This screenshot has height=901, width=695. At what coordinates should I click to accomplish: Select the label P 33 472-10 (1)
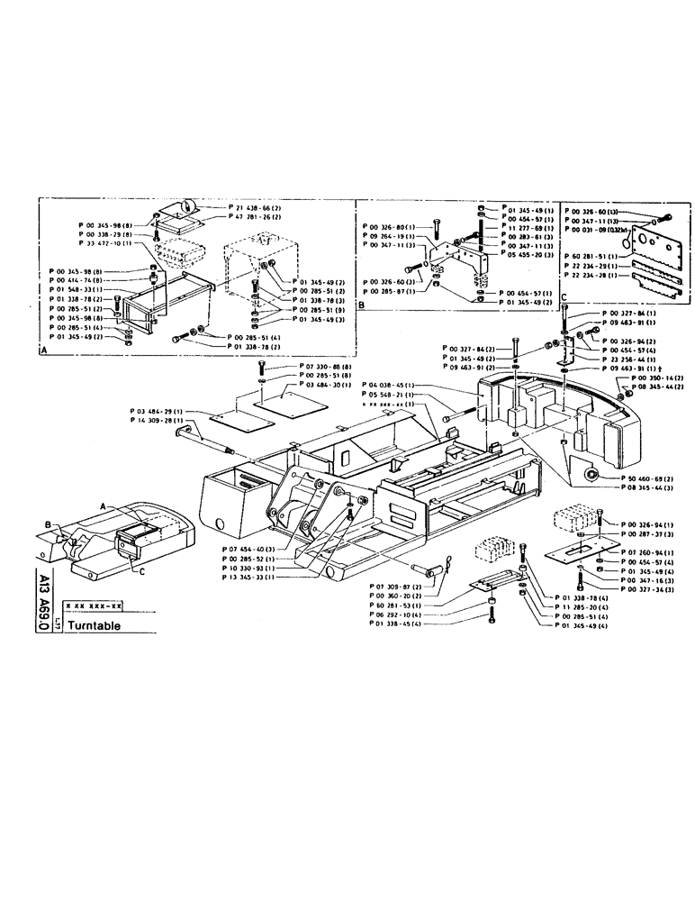(106, 243)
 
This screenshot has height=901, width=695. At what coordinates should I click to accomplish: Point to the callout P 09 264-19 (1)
(390, 235)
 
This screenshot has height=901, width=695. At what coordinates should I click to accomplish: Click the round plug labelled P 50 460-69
(591, 475)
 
